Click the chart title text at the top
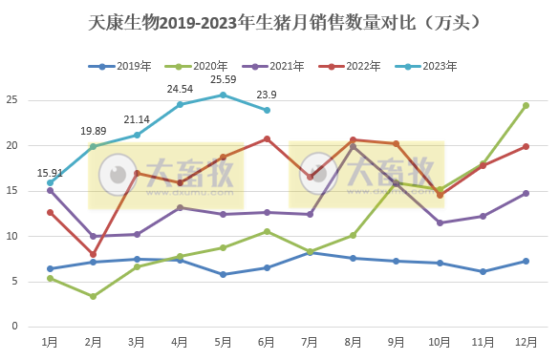click(279, 20)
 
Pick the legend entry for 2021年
click(273, 66)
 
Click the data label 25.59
click(223, 79)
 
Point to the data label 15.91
click(50, 173)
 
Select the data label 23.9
click(267, 95)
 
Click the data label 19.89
click(94, 131)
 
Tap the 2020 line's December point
click(526, 105)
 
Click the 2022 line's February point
click(94, 255)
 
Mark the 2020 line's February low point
click(94, 296)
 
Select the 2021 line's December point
click(526, 193)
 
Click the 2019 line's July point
click(310, 252)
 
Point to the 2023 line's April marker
click(180, 104)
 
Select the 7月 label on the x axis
click(310, 341)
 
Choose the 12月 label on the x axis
click(526, 341)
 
